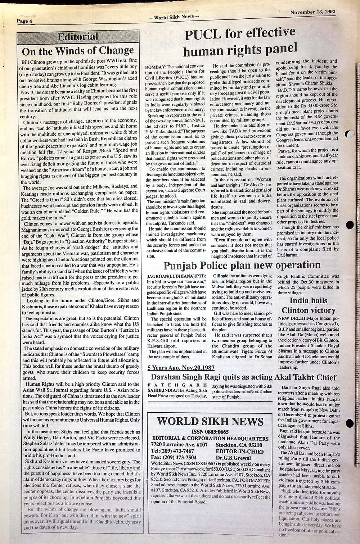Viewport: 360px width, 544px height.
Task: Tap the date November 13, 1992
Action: (x=312, y=12)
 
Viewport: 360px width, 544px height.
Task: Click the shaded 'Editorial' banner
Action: (x=78, y=37)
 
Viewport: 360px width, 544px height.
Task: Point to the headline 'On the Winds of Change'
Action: (x=78, y=50)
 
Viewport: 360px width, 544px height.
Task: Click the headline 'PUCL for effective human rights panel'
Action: (x=240, y=42)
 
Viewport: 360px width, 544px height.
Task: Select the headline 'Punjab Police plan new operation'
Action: (x=242, y=266)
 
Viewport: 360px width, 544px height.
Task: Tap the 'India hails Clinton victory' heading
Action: (x=308, y=305)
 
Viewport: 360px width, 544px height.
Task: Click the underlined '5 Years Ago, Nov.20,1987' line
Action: (x=181, y=368)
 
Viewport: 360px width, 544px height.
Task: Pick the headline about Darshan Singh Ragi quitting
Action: (x=243, y=377)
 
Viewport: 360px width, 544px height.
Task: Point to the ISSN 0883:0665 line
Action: (x=210, y=432)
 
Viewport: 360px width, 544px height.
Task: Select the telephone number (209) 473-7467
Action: (x=173, y=451)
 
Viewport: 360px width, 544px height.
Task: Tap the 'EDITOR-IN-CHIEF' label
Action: (x=240, y=451)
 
